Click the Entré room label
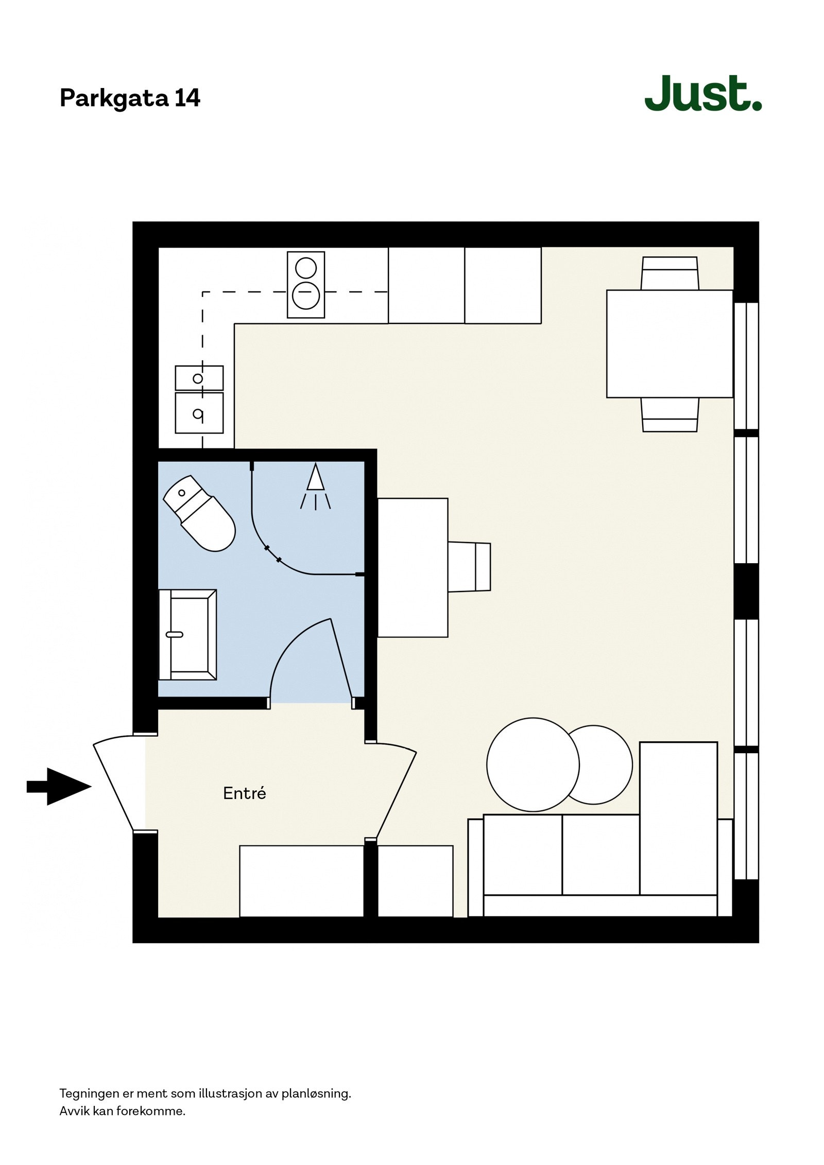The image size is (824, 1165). coord(244,793)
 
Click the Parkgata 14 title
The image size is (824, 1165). coord(130,98)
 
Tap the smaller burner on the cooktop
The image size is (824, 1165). coord(305,268)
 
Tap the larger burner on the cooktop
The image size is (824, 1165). coord(306,295)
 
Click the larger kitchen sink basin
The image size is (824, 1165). coord(199,412)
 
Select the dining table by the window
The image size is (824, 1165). coord(669,343)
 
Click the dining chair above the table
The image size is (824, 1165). coord(669,273)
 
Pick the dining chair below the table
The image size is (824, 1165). coord(669,415)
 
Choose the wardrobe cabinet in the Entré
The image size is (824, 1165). coord(301,880)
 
